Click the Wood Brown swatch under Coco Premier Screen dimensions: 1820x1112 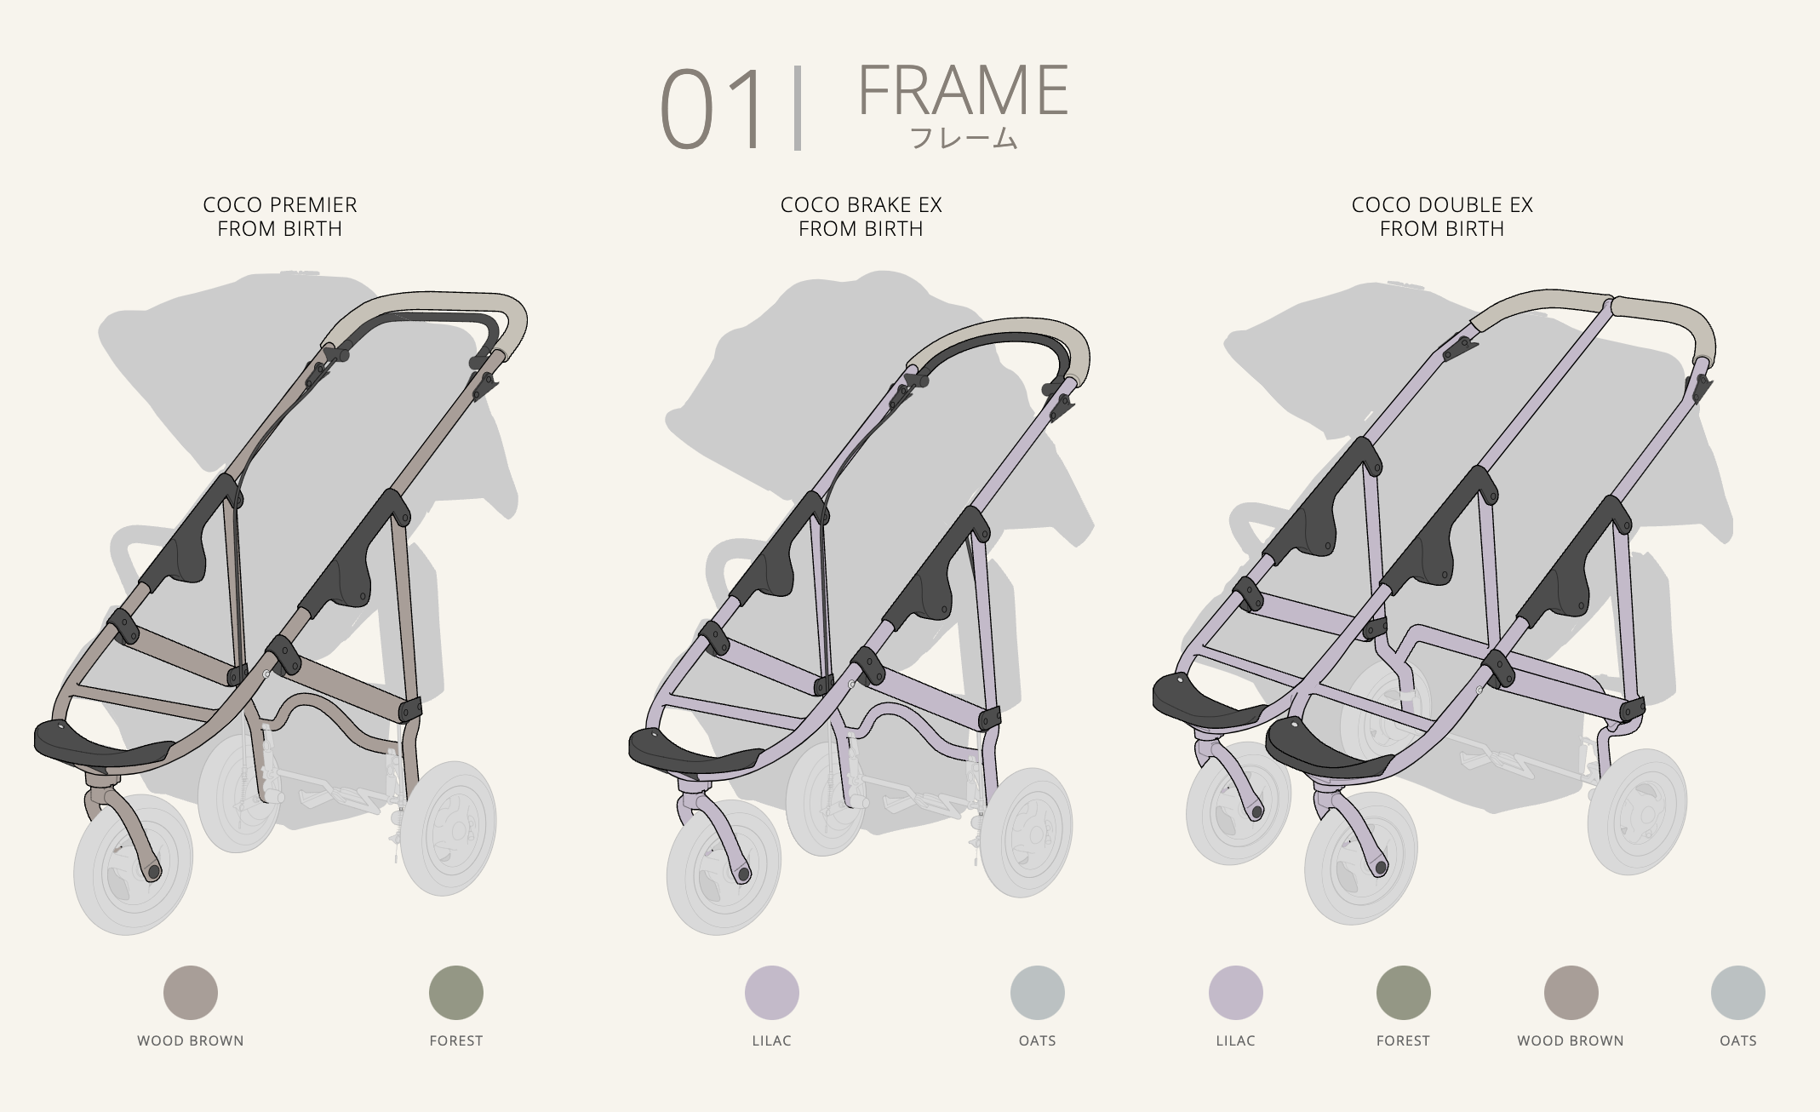(x=191, y=993)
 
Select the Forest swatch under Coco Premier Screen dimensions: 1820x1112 (x=456, y=993)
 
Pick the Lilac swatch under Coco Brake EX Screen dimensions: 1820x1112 (x=772, y=993)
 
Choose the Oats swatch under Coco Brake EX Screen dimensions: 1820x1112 (x=1038, y=993)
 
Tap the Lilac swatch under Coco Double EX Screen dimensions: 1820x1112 (x=1236, y=993)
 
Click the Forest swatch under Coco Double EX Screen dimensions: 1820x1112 (x=1404, y=993)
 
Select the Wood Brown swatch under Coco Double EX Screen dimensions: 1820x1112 (x=1571, y=993)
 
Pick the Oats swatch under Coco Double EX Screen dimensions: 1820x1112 (x=1738, y=993)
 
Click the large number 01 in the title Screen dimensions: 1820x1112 (x=713, y=111)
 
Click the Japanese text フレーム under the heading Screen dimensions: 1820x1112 (x=964, y=138)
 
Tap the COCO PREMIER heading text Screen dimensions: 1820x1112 (x=280, y=205)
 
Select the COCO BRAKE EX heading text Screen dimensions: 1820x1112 (x=861, y=205)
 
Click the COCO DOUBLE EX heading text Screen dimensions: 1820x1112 (x=1442, y=205)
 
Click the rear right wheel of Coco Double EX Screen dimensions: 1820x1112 (x=1638, y=811)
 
